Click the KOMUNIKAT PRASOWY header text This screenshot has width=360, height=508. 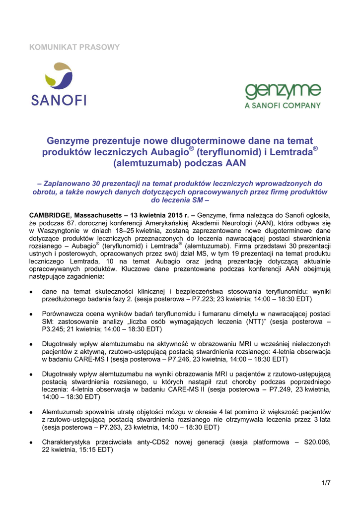click(74, 48)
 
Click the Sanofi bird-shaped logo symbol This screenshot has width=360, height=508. click(59, 78)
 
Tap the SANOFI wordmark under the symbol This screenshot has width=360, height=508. click(59, 100)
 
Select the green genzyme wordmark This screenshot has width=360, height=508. click(283, 93)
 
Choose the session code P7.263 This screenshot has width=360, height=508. click(112, 427)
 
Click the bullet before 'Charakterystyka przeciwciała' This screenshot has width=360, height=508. click(32, 442)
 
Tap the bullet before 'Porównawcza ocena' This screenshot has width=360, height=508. click(32, 314)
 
